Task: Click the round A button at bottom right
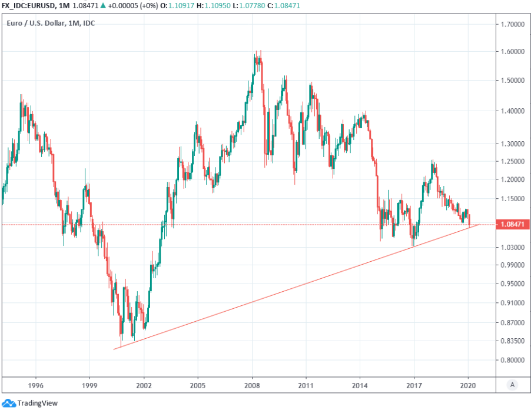click(513, 385)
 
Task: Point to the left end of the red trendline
click(114, 349)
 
